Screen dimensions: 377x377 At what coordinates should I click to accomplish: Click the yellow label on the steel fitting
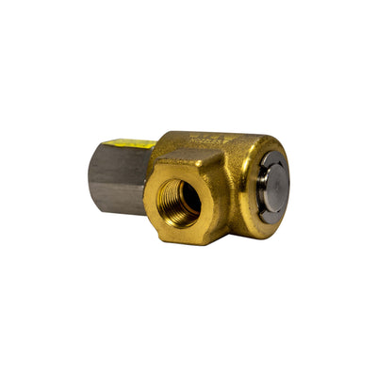pos(130,143)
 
